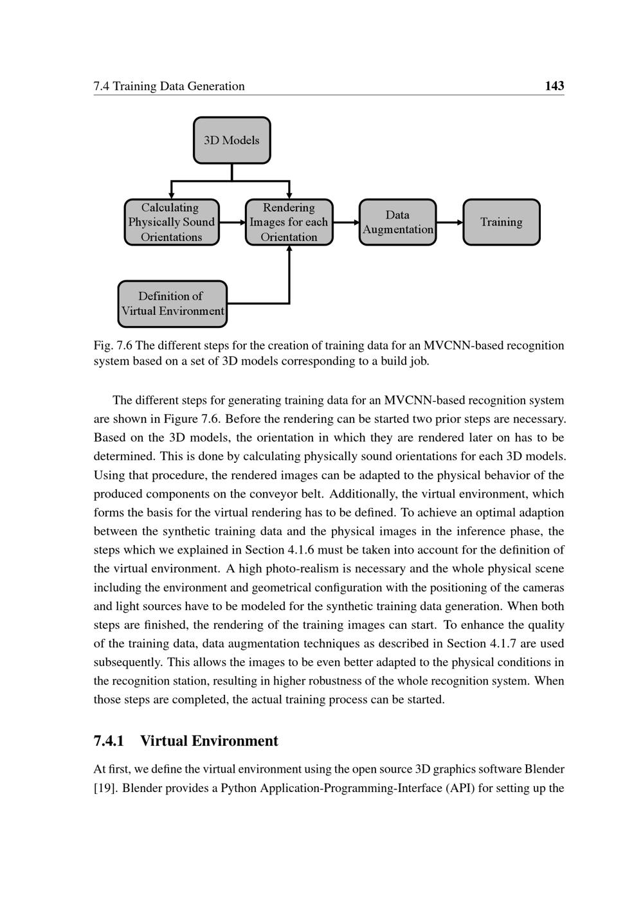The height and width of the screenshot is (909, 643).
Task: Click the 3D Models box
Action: (231, 140)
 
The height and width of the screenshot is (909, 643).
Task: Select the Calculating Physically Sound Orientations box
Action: (171, 222)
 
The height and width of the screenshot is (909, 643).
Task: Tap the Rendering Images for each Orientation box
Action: (289, 222)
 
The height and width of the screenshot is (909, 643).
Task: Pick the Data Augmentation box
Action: (397, 222)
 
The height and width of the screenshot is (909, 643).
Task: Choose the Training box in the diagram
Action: (501, 222)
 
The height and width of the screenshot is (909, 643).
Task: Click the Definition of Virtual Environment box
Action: (172, 303)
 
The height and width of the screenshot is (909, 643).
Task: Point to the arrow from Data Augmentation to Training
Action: (449, 222)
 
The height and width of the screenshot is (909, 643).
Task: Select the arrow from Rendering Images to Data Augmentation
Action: (346, 222)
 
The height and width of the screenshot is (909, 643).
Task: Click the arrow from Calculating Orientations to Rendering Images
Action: (232, 222)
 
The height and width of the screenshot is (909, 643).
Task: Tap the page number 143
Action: (554, 86)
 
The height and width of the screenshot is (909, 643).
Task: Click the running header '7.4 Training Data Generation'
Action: (169, 86)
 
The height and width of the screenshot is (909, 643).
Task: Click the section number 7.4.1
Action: (109, 741)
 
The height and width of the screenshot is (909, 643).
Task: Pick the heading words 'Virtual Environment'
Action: (209, 741)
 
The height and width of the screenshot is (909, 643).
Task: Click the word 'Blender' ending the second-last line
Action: (544, 770)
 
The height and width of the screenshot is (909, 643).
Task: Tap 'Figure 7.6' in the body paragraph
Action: (192, 419)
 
